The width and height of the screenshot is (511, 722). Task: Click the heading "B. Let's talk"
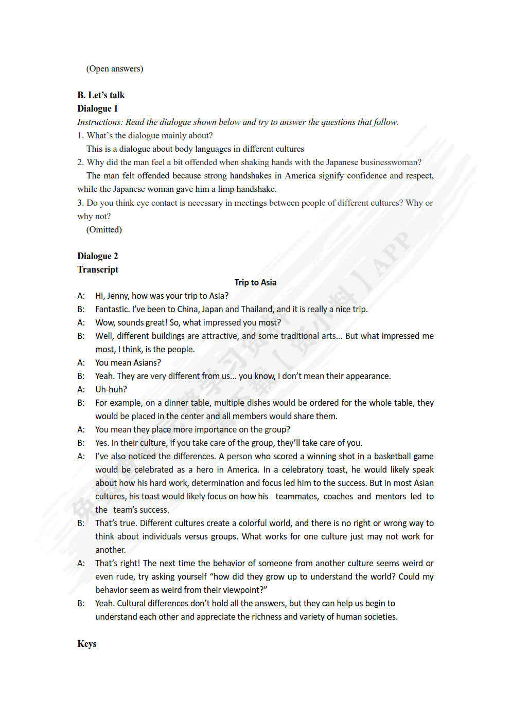(101, 95)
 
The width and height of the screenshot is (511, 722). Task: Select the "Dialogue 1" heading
(98, 109)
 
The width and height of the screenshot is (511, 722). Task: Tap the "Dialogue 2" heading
(98, 256)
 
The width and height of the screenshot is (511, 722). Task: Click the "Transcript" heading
(98, 269)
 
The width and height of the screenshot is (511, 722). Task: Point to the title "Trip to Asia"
(255, 282)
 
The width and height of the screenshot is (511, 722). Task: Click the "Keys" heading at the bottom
(87, 644)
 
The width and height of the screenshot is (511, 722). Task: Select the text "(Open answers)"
(115, 69)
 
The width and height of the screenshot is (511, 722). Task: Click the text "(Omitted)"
(104, 229)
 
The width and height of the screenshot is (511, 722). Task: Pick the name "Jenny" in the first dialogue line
(118, 296)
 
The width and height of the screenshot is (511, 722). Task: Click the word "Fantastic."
(112, 310)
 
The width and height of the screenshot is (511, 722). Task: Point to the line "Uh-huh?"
(111, 390)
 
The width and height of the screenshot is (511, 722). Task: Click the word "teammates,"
(296, 497)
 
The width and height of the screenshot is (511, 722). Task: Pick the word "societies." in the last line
(381, 617)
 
